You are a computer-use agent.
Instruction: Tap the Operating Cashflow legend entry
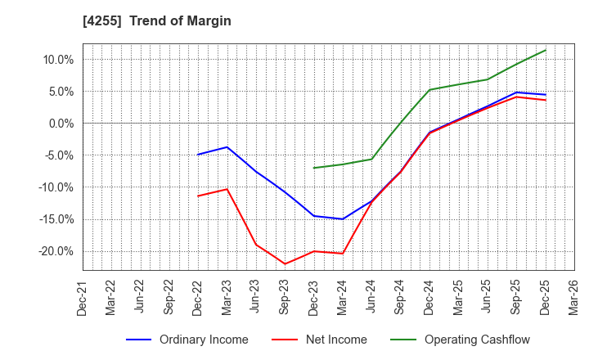click(477, 340)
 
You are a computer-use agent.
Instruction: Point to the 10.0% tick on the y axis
click(58, 60)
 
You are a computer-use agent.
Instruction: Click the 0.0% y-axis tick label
click(61, 124)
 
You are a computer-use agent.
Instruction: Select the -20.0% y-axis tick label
click(56, 251)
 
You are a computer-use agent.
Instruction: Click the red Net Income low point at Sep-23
click(285, 263)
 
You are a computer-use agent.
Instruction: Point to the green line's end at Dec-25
click(546, 50)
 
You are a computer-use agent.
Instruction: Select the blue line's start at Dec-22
click(198, 155)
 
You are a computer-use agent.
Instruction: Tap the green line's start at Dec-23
click(314, 168)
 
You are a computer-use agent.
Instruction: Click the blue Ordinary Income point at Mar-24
click(343, 219)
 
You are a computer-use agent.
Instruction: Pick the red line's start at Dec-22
click(198, 196)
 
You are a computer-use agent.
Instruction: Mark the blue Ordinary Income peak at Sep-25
click(516, 92)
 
